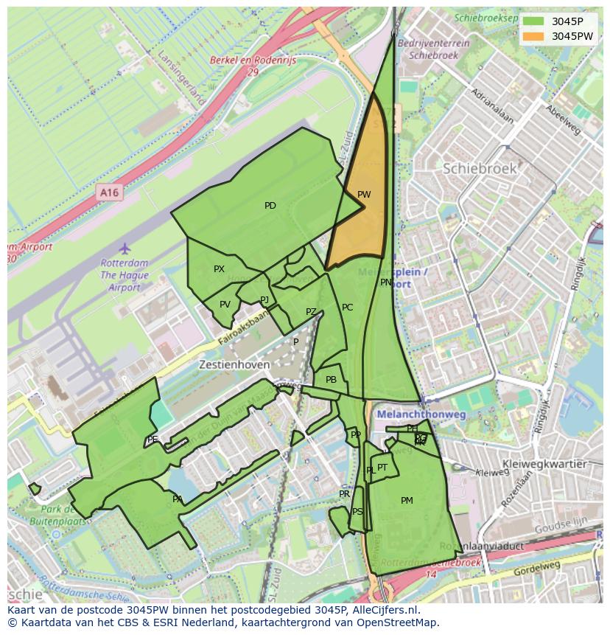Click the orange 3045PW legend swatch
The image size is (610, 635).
coord(534,36)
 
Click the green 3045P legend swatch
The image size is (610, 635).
coord(534,21)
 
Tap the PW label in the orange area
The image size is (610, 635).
coord(364,195)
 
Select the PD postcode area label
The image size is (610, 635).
coord(270,206)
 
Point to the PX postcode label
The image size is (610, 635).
coord(219,269)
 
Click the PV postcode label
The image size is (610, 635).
coord(225,305)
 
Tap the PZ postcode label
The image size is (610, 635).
coord(311,312)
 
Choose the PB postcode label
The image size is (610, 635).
coord(331,380)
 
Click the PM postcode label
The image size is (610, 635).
coord(407,501)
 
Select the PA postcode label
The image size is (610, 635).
coord(178,499)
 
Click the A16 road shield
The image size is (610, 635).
coord(109,192)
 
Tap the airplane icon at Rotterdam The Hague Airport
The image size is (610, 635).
coord(125,248)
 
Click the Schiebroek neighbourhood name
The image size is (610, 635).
coord(480,168)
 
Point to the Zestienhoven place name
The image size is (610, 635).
coord(231,364)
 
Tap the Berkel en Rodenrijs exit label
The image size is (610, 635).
coord(253,61)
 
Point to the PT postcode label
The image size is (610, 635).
coord(382,468)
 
